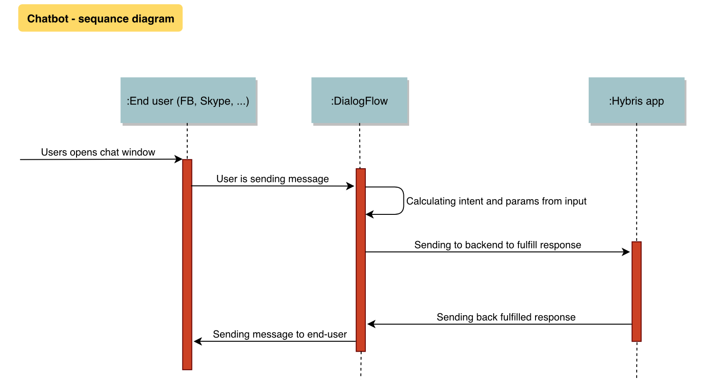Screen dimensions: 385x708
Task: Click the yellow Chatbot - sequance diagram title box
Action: tap(100, 19)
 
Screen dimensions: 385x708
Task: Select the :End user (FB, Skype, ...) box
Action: tap(188, 100)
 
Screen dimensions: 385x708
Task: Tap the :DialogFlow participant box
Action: tap(359, 100)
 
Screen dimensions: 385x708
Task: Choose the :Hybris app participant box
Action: tap(636, 100)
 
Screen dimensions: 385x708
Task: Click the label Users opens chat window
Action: tap(98, 153)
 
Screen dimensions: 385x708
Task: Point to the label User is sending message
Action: tap(272, 179)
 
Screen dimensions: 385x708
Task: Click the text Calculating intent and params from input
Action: tap(496, 201)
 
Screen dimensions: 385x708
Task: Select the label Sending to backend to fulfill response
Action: tap(498, 245)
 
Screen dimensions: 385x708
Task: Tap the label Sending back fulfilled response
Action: tap(506, 318)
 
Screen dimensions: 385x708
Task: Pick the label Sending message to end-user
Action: tap(280, 335)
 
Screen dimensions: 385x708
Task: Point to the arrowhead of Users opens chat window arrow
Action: tap(179, 160)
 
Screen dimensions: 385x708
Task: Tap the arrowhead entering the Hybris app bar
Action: tap(626, 252)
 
